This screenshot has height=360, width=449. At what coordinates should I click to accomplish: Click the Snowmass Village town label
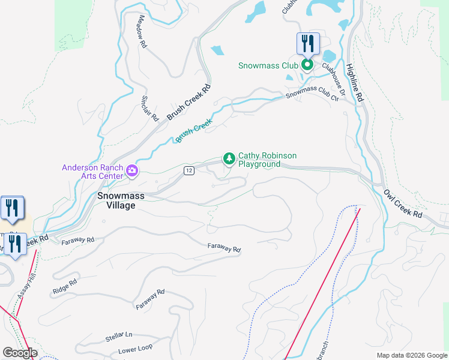coord(116,200)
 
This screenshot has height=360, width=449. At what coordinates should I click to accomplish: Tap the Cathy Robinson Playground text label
coord(267,160)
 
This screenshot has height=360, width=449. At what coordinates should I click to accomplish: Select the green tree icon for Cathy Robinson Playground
coord(228,158)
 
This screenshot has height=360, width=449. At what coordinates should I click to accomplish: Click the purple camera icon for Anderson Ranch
coord(131,172)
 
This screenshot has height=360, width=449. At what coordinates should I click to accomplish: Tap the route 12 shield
coord(189,171)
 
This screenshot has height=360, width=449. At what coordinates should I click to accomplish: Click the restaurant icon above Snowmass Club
coord(307,43)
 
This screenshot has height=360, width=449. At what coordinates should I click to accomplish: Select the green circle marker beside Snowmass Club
coord(307,65)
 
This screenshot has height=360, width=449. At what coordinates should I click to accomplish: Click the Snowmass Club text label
coord(268,65)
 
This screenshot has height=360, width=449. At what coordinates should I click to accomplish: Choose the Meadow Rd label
coord(142,32)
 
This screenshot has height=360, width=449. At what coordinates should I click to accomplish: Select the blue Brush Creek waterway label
coord(194,131)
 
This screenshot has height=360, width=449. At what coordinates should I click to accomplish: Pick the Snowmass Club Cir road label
coord(312,95)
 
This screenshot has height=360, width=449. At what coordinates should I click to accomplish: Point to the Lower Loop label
coord(135,349)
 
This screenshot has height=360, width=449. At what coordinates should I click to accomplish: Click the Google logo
coord(20,353)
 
